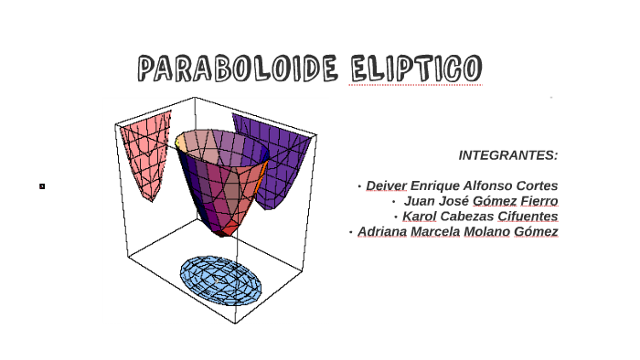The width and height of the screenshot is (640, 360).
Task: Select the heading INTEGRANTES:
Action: click(507, 155)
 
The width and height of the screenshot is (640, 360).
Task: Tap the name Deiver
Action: click(386, 185)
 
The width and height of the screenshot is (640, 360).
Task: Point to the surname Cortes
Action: click(537, 185)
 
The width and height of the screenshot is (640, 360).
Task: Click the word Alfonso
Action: click(484, 185)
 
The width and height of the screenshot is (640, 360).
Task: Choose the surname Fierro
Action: click(539, 201)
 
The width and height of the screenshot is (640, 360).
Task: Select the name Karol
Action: click(420, 217)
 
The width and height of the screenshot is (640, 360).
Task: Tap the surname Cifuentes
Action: click(528, 217)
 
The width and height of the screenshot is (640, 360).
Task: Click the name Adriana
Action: click(383, 232)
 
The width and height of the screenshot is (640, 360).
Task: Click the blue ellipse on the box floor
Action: click(220, 279)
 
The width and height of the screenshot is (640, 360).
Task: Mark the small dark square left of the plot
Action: click(42, 186)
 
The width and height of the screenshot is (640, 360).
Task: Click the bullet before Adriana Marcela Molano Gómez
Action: click(350, 232)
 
